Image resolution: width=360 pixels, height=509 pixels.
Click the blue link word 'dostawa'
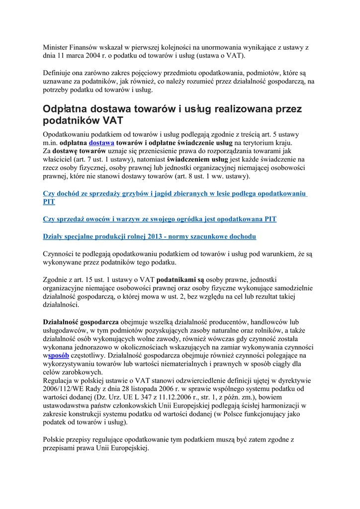(x=101, y=143)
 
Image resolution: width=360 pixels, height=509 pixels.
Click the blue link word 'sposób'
(x=58, y=355)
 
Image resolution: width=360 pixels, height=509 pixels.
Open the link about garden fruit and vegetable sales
(x=160, y=219)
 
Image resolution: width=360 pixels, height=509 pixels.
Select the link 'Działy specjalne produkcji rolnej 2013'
(x=149, y=236)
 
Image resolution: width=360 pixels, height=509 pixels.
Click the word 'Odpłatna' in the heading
(x=68, y=109)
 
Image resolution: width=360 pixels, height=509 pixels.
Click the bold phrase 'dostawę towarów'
(x=79, y=151)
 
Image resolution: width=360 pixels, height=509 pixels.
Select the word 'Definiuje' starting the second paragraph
(x=59, y=73)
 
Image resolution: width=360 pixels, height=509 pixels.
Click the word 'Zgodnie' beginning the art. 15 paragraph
(x=56, y=279)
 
